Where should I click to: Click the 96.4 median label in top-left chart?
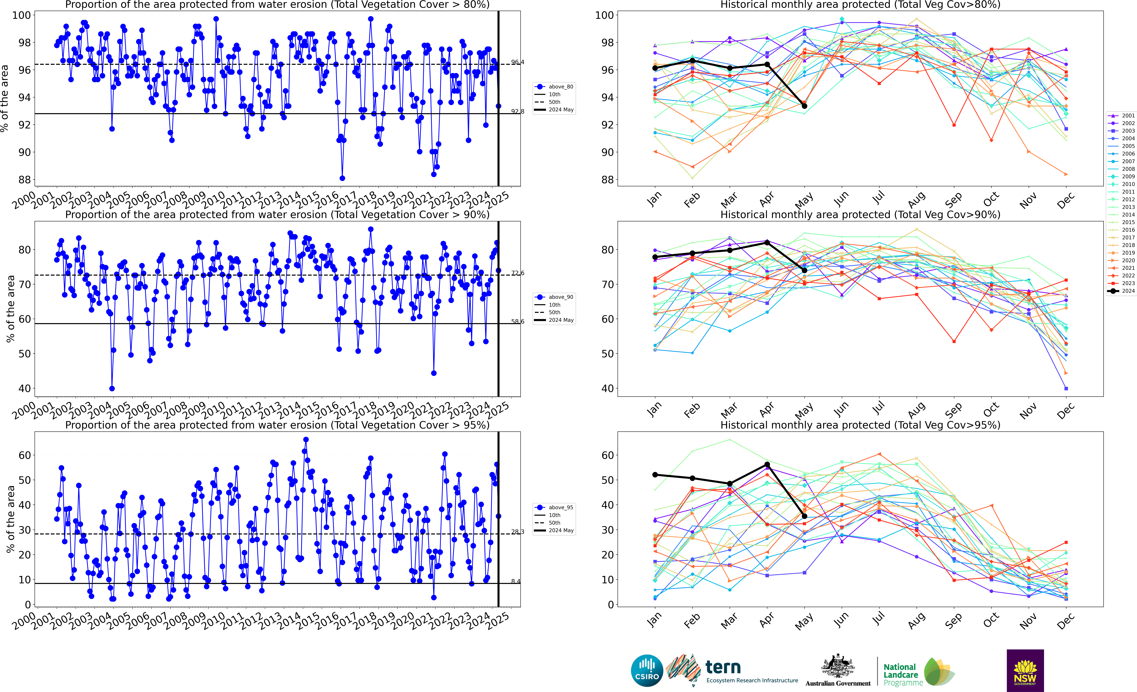517,62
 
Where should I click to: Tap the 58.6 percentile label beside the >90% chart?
517,322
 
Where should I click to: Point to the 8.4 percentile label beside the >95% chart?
515,581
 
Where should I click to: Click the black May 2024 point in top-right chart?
804,106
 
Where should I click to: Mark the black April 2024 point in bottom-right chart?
767,465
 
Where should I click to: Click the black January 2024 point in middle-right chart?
655,257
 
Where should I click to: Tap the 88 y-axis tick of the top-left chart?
25,179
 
